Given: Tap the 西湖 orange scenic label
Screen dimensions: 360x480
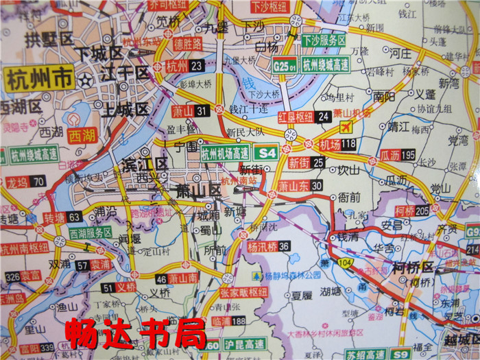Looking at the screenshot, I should coord(82,136).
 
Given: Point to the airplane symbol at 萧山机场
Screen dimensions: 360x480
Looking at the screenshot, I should coord(346,127).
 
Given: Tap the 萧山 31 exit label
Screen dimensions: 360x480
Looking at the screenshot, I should coord(189,110).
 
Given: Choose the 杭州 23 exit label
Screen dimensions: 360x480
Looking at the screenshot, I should coord(184,66).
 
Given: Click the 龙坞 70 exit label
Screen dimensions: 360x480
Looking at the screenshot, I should coord(25,182).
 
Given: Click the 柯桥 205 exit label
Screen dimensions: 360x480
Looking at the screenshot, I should coord(412,211).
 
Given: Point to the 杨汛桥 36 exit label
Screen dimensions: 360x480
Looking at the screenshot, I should coord(268,246).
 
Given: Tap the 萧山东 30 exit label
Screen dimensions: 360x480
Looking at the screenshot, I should coord(300,186).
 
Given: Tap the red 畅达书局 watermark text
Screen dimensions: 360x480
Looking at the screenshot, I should coord(135,335).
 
